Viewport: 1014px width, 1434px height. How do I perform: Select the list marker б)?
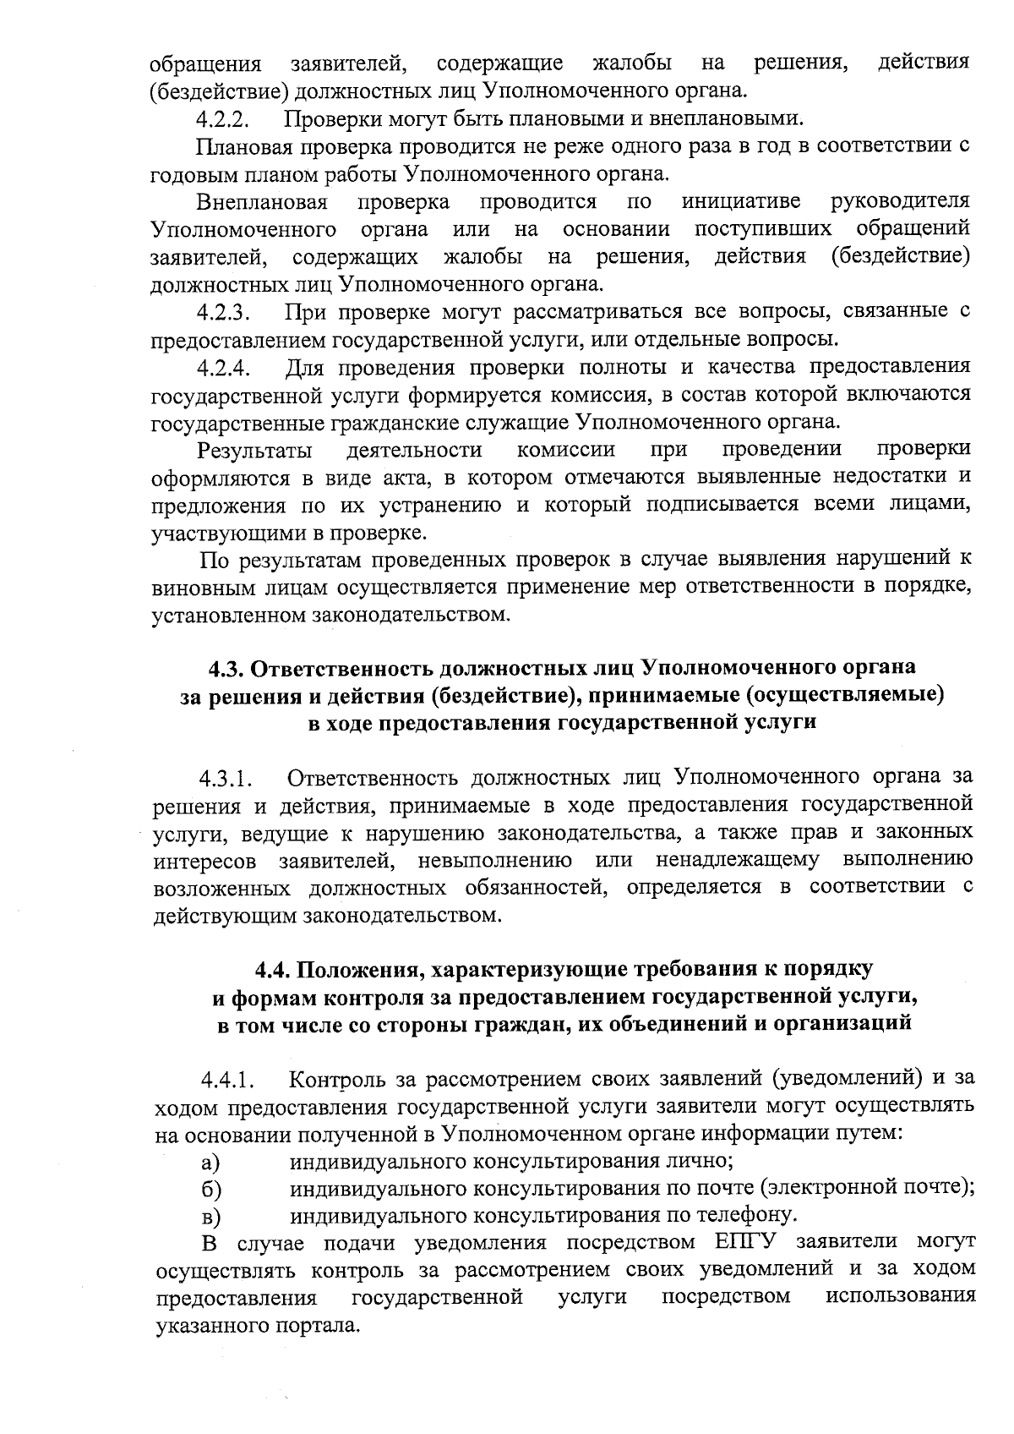point(211,1190)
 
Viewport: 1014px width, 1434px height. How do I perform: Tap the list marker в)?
point(211,1218)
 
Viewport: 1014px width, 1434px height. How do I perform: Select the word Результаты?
point(255,450)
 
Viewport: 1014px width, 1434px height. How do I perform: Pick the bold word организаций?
point(844,1023)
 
